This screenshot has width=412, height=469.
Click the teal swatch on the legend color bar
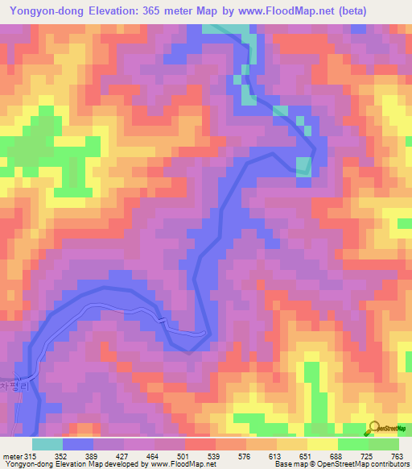pos(47,444)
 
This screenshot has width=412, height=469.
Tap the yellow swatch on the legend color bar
pos(323,444)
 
